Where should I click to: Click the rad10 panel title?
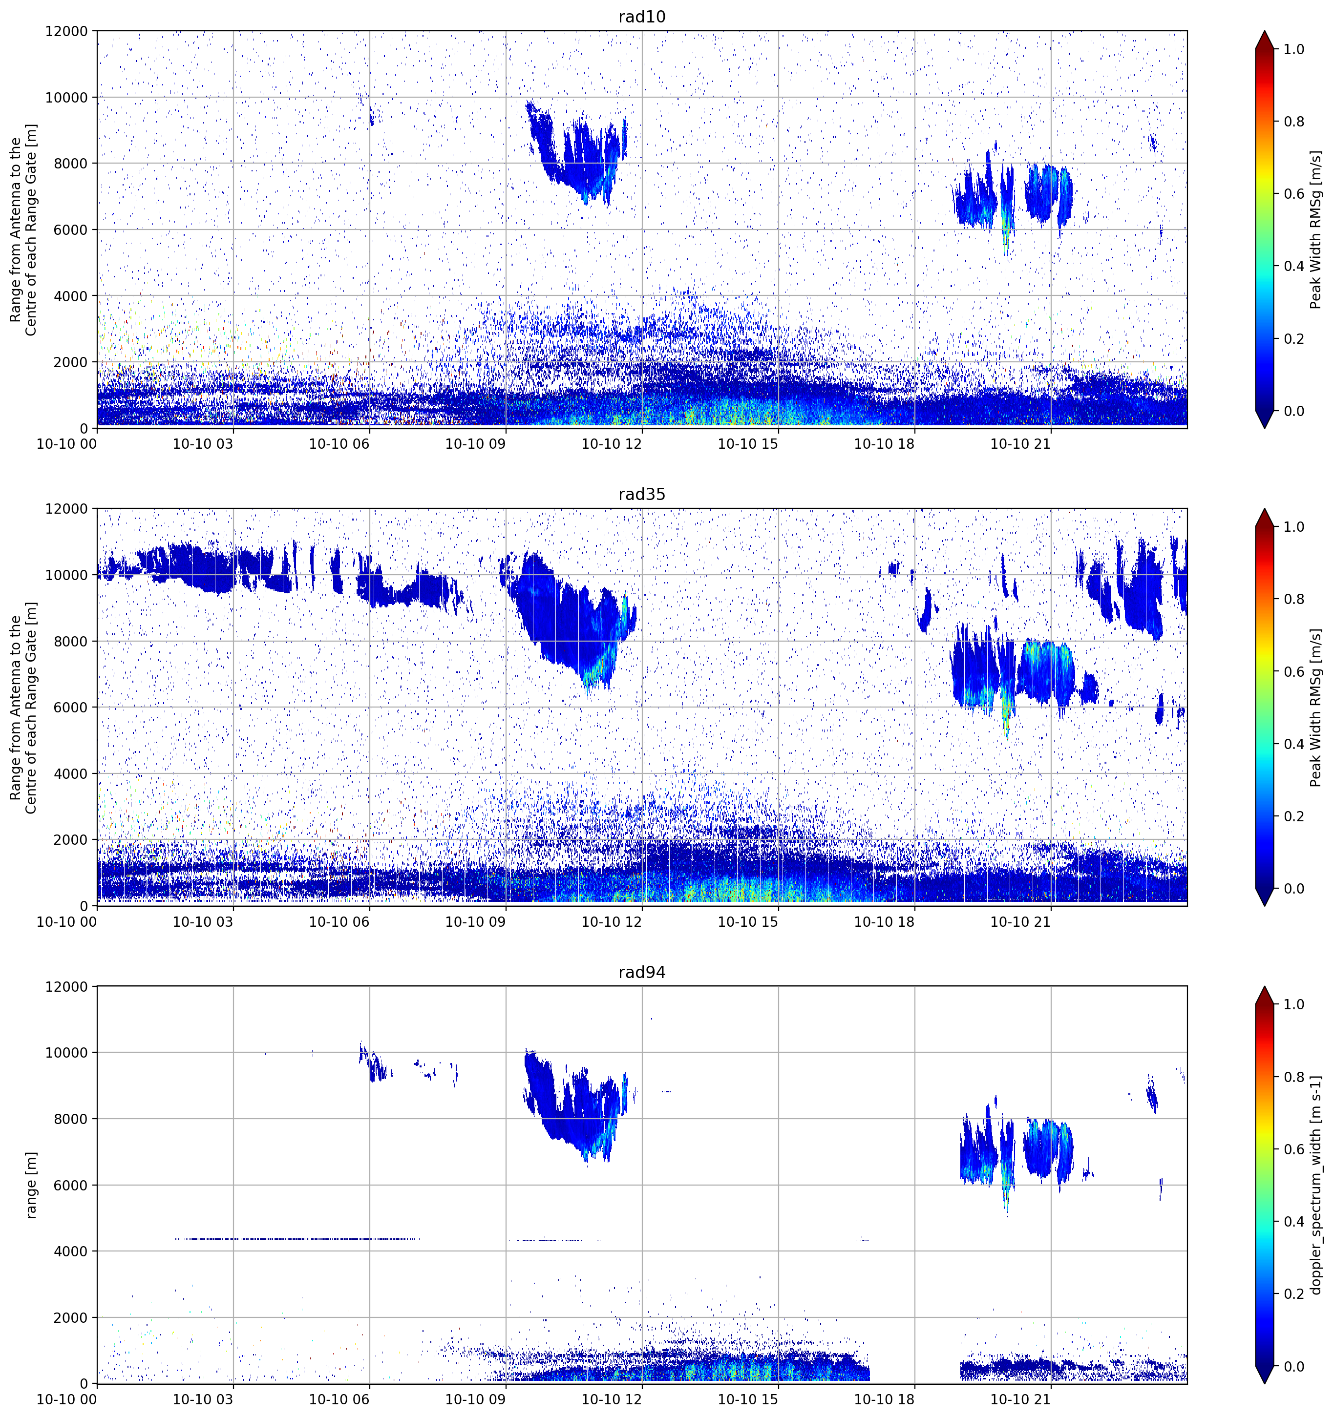click(642, 17)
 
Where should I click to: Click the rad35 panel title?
click(642, 494)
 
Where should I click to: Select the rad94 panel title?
click(642, 972)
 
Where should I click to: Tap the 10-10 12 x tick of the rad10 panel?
click(612, 444)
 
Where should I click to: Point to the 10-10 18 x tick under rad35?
click(884, 921)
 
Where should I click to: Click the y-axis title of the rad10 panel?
click(23, 229)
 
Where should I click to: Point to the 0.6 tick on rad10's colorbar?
click(1294, 194)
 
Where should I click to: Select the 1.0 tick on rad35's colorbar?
click(1294, 527)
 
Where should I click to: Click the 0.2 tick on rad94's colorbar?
click(1294, 1293)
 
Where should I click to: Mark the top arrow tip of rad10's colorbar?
click(1264, 31)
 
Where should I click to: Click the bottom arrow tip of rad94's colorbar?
click(1264, 1383)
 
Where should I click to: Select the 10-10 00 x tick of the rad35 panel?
click(67, 921)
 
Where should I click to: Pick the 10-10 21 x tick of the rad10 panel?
click(1020, 444)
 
